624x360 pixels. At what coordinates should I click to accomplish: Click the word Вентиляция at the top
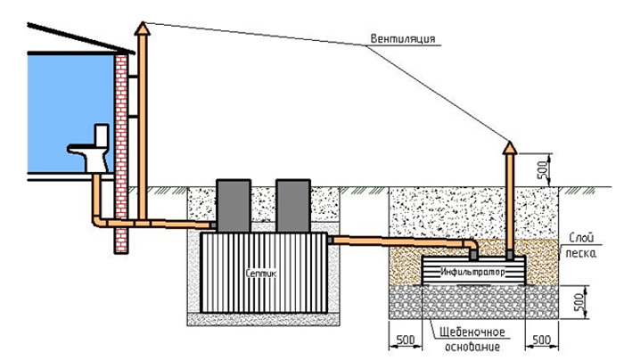coord(403,38)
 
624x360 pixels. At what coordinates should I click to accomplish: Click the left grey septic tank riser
coord(235,204)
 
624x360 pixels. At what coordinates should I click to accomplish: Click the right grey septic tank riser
coord(292,204)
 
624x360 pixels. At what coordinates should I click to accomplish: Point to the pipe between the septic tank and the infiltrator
coord(401,239)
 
